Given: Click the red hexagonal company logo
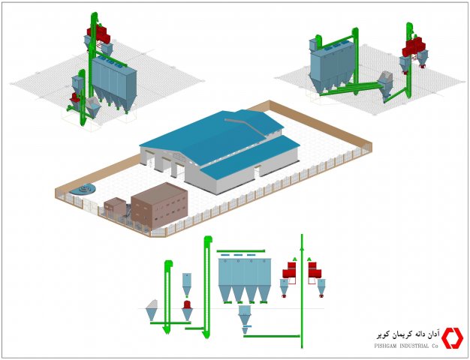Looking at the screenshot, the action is [452, 338].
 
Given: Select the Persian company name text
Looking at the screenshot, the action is [408, 334].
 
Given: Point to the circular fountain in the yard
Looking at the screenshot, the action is [83, 189].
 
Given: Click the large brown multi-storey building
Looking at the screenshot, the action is [159, 205].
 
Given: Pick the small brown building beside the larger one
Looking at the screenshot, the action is [115, 207].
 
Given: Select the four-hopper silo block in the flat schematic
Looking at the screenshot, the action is [245, 280].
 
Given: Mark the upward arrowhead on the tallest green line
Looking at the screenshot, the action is [302, 247].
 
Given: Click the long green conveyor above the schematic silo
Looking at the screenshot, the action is [241, 251].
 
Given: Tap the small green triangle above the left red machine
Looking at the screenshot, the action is [294, 259].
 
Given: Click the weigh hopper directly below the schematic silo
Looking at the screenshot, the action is [245, 318].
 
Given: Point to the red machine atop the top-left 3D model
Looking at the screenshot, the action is [98, 33].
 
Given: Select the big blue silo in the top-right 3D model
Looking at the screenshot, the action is [333, 67].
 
